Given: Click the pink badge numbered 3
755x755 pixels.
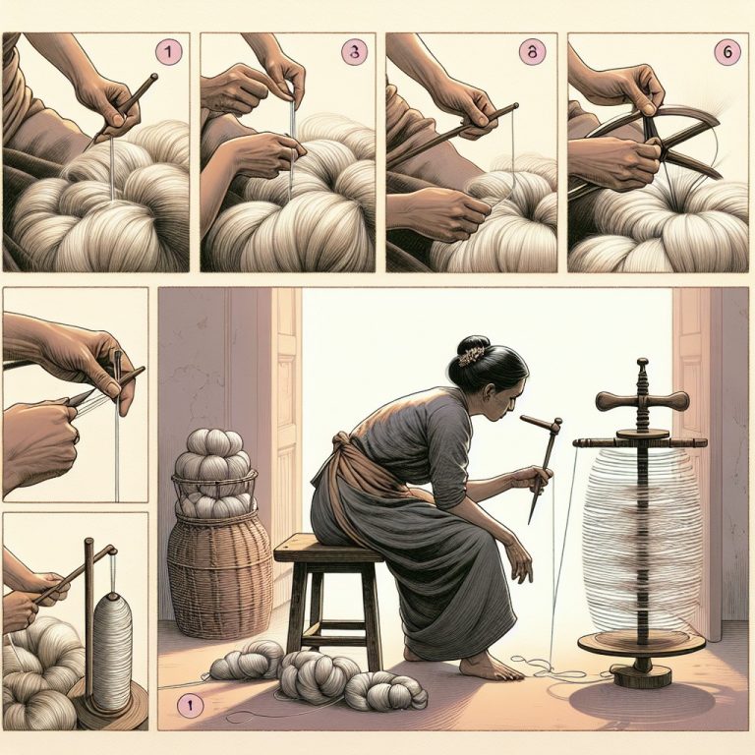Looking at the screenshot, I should [349, 52].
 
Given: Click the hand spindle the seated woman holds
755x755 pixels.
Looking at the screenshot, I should [543, 462].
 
